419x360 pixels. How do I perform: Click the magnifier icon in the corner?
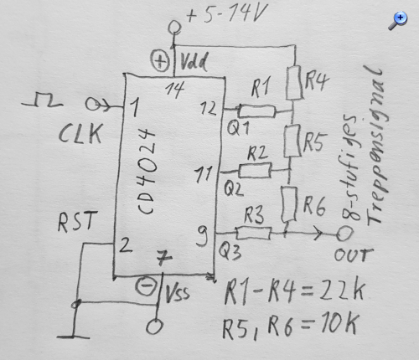(x=398, y=20)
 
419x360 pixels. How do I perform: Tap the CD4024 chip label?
(x=147, y=171)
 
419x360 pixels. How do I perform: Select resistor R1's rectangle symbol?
(x=257, y=111)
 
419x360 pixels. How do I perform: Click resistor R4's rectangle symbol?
(x=294, y=83)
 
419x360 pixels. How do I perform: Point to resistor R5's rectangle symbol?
(x=292, y=141)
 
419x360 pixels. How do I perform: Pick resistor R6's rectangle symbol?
(x=289, y=204)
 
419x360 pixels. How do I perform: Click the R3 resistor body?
(x=254, y=233)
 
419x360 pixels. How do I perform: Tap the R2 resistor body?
(x=255, y=170)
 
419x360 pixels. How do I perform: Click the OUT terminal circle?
(x=344, y=234)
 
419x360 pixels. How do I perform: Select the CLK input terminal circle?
(x=92, y=104)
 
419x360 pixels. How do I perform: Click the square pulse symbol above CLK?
(x=43, y=100)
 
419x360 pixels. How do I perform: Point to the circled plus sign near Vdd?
(x=160, y=60)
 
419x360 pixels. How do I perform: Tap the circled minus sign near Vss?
(x=146, y=286)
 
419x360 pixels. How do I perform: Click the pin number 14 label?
(x=175, y=90)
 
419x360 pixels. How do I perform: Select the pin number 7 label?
(x=164, y=257)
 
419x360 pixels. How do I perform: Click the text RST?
(x=77, y=221)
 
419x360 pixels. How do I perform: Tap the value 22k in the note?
(x=342, y=291)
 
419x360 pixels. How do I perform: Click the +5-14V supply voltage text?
(x=227, y=13)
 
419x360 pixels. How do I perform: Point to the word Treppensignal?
(x=376, y=145)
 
